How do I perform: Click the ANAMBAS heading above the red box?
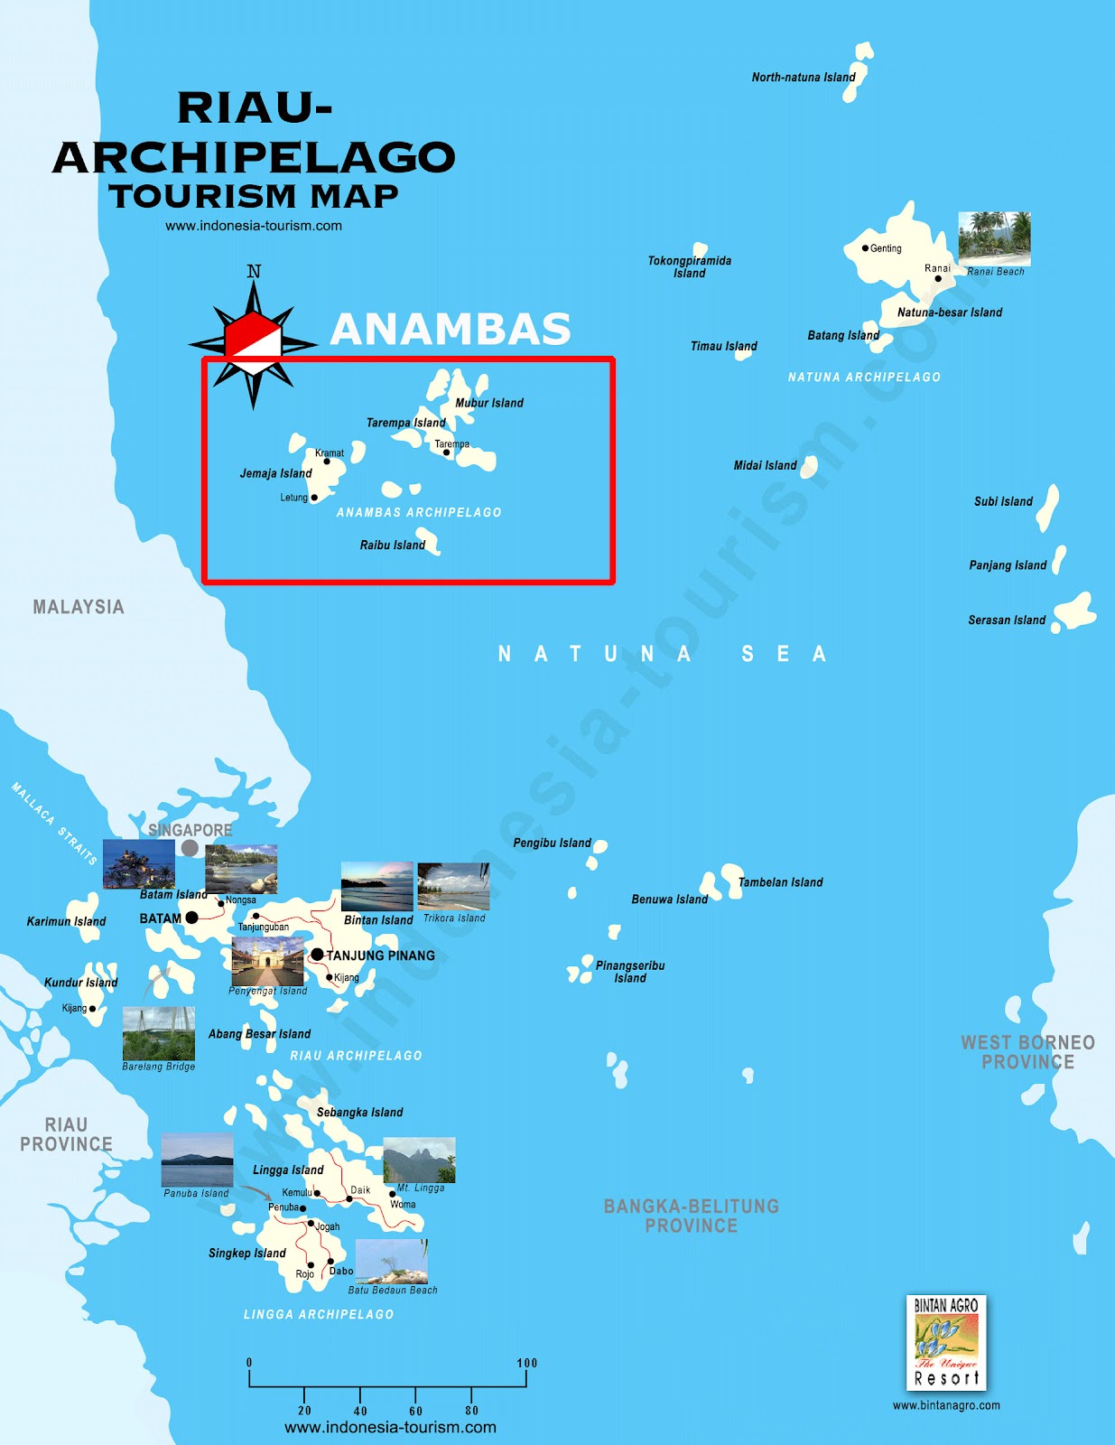451,329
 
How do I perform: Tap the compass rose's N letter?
254,272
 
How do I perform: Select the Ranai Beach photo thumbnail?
994,238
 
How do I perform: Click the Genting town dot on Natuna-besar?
865,248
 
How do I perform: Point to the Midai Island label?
765,466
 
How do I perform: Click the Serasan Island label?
1007,620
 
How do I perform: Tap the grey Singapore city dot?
190,848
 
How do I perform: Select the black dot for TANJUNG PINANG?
317,955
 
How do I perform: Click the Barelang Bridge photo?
159,1033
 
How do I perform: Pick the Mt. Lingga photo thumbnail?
419,1161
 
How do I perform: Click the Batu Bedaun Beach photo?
392,1262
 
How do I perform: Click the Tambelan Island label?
780,882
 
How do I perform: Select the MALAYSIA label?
79,607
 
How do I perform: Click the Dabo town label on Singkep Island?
341,1271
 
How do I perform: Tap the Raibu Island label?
392,545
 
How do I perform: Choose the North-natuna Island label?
804,78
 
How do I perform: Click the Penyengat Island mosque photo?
267,961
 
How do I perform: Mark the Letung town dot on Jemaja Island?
314,498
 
